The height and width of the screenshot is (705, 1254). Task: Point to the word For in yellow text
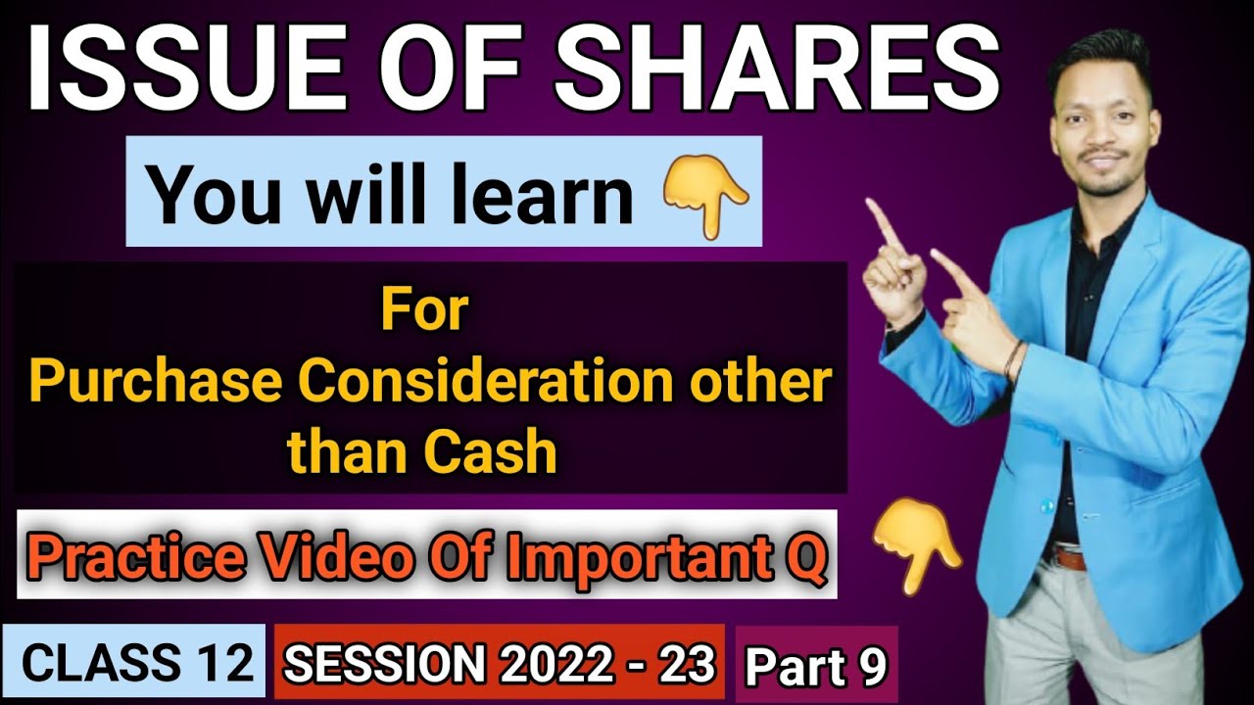(x=425, y=310)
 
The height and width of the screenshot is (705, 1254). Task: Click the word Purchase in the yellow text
(x=144, y=383)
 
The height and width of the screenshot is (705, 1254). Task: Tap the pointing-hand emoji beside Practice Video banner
(x=916, y=548)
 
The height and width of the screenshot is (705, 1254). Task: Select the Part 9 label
(x=815, y=667)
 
